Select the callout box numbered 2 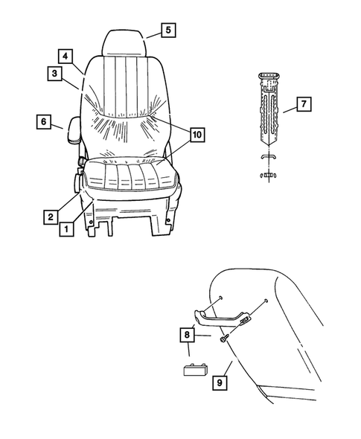[49, 217]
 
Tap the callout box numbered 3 [54, 73]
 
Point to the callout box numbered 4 [66, 56]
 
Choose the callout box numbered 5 [167, 31]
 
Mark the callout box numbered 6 [42, 121]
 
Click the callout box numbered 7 [303, 104]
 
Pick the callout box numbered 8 [186, 336]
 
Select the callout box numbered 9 [220, 383]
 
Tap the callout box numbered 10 [197, 135]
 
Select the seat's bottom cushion [131, 177]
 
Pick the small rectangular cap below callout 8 [197, 369]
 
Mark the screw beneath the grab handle [223, 339]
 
